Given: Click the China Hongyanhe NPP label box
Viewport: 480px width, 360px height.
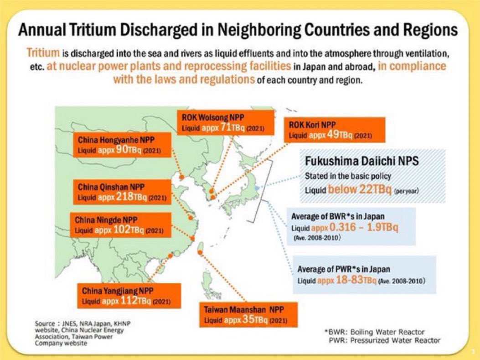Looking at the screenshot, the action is pos(122,145).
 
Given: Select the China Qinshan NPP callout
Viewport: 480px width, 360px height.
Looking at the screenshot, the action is pos(122,192).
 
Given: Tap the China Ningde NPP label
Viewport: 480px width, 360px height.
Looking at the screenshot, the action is pos(120,224).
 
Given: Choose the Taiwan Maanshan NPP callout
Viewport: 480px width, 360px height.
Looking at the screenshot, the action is pos(248,315).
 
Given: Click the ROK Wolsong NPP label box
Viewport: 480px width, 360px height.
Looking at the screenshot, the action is pos(226,123).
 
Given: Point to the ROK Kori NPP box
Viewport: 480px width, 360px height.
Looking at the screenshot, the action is pos(335,130).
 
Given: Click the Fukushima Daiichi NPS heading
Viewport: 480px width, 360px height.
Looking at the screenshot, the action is pos(361,161).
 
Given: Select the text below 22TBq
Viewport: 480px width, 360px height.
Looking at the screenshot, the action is pos(360,189).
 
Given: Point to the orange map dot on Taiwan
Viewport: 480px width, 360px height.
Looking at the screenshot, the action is pos(200,252).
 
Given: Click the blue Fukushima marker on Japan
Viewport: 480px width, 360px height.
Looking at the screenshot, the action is pos(258,187).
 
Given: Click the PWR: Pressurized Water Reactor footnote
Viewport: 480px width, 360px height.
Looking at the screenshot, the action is pos(384,340).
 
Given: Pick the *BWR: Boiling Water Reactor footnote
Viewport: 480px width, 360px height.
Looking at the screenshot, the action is pos(374,332).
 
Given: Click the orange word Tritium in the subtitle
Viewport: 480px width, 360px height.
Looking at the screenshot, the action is pos(43,52).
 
